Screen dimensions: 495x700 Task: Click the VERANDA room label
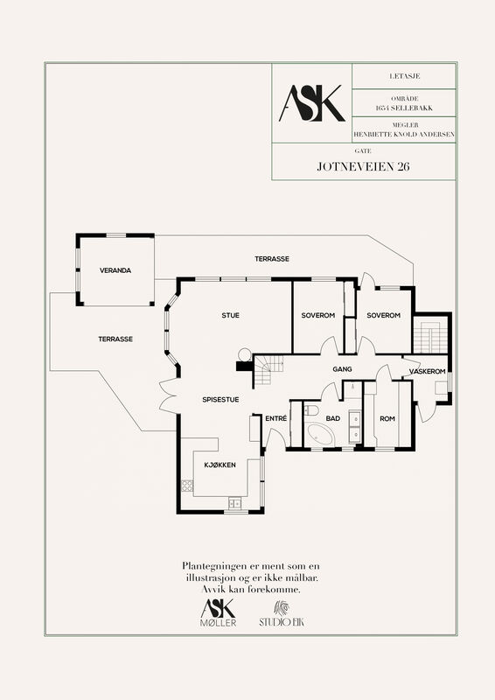115,270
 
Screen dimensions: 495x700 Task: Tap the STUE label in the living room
230,315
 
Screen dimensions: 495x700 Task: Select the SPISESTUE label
220,400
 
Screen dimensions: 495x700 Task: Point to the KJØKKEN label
220,465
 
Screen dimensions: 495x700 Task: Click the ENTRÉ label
275,418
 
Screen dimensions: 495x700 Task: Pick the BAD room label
333,418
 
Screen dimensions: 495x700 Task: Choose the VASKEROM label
427,371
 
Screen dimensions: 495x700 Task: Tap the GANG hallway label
342,369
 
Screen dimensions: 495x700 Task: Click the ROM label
387,419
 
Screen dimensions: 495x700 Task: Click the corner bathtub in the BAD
320,433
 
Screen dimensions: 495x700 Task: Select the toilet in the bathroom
310,409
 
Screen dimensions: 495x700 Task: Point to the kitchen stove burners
187,486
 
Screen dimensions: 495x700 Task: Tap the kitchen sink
234,503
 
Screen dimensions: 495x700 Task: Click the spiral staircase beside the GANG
268,371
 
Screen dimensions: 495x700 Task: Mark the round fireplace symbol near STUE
244,354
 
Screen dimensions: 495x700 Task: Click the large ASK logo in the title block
311,103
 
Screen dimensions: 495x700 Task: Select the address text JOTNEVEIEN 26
363,166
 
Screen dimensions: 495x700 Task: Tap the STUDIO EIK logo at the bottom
282,614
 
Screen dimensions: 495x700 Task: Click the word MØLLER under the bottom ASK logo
219,622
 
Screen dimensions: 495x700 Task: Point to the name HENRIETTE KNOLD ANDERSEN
404,134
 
